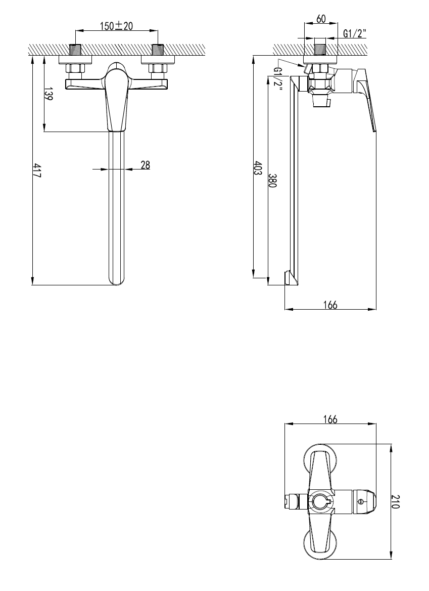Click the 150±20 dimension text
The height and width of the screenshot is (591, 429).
tap(116, 26)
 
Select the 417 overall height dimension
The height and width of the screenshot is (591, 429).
tap(37, 170)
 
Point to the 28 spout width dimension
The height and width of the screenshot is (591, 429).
tap(145, 164)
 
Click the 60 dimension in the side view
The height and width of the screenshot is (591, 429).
tap(320, 19)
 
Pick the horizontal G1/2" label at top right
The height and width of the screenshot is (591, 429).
tap(355, 34)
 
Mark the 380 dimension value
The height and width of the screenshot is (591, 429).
tap(272, 181)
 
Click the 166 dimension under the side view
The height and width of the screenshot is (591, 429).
tap(329, 304)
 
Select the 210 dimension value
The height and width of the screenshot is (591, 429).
tap(397, 501)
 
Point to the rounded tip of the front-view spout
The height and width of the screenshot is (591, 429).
tap(117, 280)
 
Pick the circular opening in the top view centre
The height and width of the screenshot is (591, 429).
tap(320, 501)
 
